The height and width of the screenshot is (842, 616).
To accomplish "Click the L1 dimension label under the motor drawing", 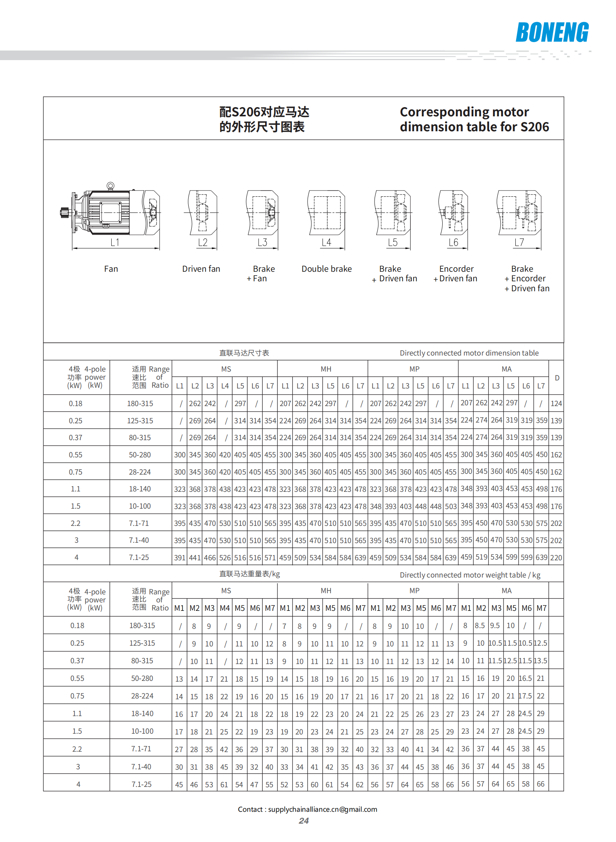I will coord(115,242).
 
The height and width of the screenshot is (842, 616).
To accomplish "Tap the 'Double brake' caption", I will coord(326,269).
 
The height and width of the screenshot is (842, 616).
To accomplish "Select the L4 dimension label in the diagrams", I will coord(326,242).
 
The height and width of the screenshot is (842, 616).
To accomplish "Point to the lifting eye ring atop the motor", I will coord(111,186).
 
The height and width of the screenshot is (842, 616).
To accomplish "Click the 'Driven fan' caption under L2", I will coord(201,269).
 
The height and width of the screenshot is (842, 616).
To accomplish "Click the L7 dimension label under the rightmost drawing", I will coord(519,242).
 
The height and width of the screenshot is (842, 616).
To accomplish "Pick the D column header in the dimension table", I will coord(557,378).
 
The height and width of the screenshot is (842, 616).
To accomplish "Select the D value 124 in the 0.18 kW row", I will coord(556,403).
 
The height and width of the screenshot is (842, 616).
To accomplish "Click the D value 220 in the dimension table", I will coord(556,558).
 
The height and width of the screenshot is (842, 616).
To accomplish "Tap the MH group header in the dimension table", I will coord(326,369).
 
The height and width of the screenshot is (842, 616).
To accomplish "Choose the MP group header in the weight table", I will coord(414,591).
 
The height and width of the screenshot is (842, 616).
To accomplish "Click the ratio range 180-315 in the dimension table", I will coord(140,403).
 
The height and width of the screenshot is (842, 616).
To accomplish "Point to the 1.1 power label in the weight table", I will coord(77,713).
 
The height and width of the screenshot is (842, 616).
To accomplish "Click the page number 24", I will coord(304,821).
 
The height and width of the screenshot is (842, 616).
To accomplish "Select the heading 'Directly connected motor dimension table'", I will coord(469,353).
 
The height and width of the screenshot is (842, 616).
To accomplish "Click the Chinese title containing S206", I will coord(264,119).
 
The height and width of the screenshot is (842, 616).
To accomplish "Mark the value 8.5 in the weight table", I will coord(480,625).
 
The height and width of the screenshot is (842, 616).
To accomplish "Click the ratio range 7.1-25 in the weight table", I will coord(142,784).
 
